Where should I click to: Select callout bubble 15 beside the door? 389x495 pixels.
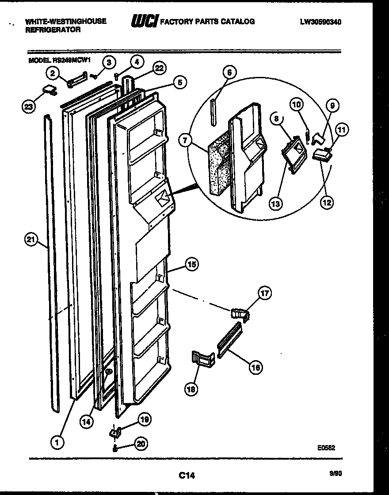click(191, 265)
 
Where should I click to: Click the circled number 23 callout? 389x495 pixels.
click(28, 106)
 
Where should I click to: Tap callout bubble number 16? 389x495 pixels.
click(255, 366)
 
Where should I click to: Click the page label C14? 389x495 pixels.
click(187, 475)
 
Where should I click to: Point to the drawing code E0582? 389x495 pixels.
click(326, 447)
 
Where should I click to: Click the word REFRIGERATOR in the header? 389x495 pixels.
click(53, 30)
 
